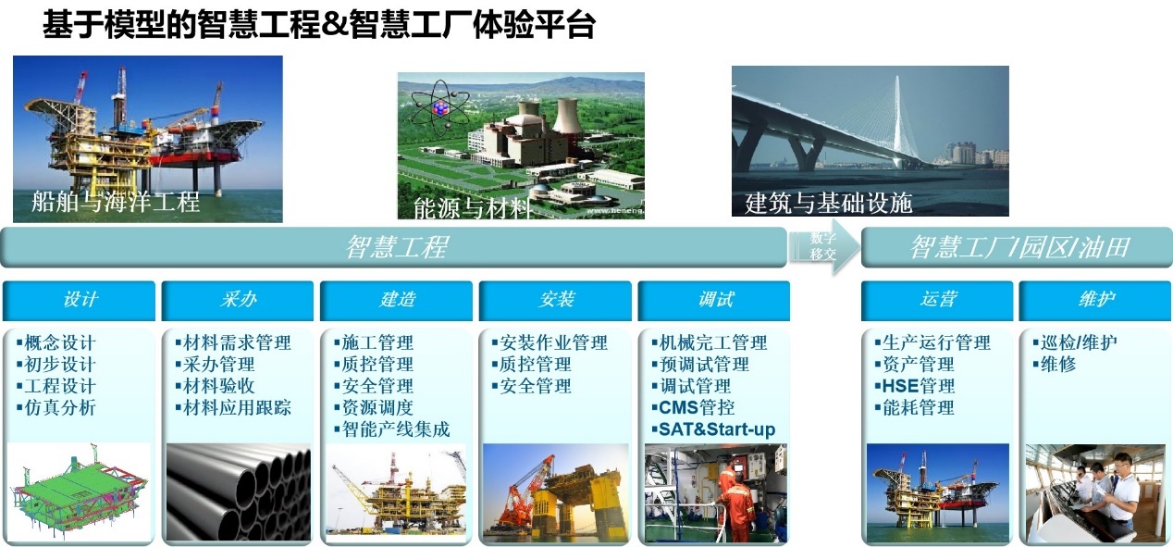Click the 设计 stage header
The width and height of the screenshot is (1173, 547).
coord(79,300)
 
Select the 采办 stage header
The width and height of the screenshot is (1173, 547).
coord(238,300)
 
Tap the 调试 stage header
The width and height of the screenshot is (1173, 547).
coord(714,300)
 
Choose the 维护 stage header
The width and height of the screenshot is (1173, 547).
coord(1095,300)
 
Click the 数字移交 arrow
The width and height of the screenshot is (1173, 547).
coord(824,246)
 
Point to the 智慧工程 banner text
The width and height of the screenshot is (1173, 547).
coord(397,247)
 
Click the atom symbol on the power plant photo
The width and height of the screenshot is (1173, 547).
coord(440,108)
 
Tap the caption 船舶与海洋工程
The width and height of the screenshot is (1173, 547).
coord(116,202)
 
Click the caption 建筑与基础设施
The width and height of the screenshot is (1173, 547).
coord(829,203)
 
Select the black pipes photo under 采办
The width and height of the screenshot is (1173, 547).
coord(239,492)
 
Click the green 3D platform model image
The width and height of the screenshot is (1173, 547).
coord(79,492)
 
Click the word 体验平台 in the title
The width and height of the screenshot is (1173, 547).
coord(535,25)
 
